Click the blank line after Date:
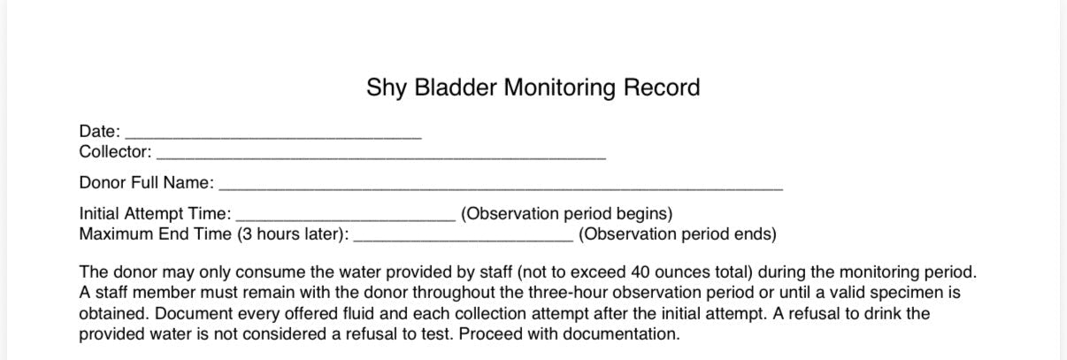tap(273, 135)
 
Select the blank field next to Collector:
tap(380, 155)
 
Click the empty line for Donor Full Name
tap(501, 186)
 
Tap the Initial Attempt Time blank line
tap(346, 216)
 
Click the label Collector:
tap(115, 151)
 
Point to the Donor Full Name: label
tap(146, 183)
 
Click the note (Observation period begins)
tap(567, 214)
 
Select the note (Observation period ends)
tap(678, 234)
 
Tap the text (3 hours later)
tap(291, 234)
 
